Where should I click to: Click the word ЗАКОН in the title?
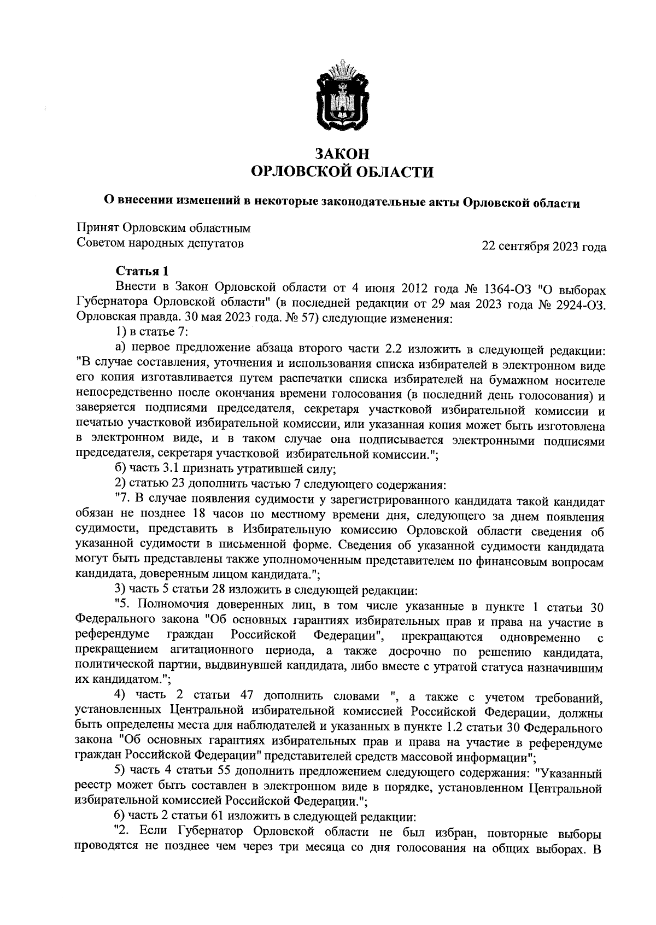click(x=342, y=154)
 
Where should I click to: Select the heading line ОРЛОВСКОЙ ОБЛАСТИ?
click(x=342, y=173)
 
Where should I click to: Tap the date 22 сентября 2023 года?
click(x=543, y=247)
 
